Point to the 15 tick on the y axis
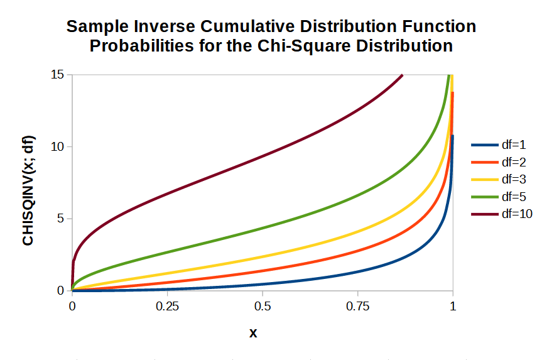[58, 75]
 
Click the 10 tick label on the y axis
[58, 146]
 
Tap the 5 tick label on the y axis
[61, 219]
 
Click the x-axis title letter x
[253, 333]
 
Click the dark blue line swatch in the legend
[484, 145]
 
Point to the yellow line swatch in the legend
[484, 179]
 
